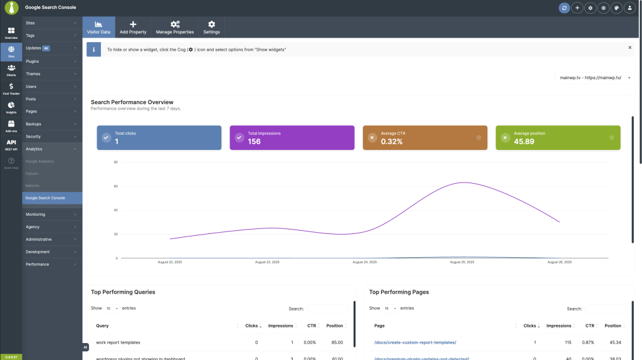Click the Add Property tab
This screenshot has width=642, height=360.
pyautogui.click(x=133, y=27)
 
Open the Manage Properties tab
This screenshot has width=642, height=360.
pyautogui.click(x=175, y=27)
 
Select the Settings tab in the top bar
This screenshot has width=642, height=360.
pyautogui.click(x=211, y=27)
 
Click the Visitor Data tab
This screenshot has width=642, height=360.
pyautogui.click(x=98, y=27)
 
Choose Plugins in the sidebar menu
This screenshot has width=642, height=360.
pyautogui.click(x=33, y=61)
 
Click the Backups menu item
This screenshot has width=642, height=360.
pyautogui.click(x=33, y=124)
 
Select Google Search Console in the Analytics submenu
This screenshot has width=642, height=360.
pyautogui.click(x=45, y=198)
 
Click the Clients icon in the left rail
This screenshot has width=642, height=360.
pyautogui.click(x=11, y=70)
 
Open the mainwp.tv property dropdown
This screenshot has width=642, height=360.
pyautogui.click(x=594, y=78)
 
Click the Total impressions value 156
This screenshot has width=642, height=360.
pyautogui.click(x=254, y=142)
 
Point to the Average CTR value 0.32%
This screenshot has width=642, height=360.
pyautogui.click(x=391, y=142)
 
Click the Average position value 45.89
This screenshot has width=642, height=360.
pyautogui.click(x=524, y=142)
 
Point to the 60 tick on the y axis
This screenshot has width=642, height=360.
pyautogui.click(x=115, y=186)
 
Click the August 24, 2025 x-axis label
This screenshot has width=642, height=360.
pyautogui.click(x=364, y=262)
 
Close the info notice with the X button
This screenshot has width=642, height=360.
pyautogui.click(x=629, y=48)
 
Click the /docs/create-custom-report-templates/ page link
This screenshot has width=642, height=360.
pyautogui.click(x=415, y=342)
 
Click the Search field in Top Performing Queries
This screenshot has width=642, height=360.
pyautogui.click(x=327, y=309)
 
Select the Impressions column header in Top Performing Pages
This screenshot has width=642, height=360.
pyautogui.click(x=558, y=326)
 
